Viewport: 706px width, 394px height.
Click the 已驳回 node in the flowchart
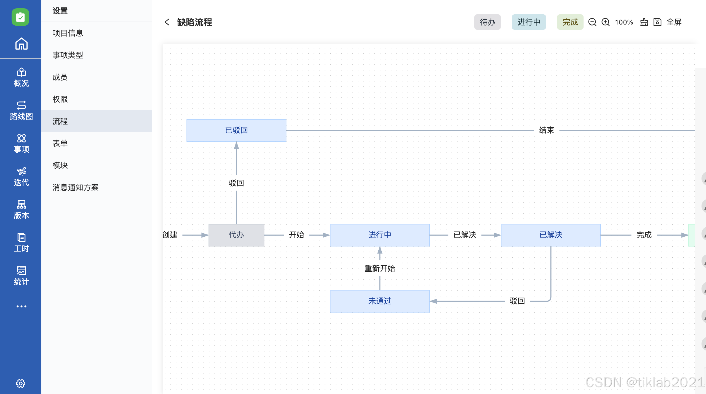pos(236,130)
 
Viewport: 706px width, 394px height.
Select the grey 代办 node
pos(236,235)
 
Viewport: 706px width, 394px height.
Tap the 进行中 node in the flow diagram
pos(380,235)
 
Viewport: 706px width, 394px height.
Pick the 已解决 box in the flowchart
pos(551,235)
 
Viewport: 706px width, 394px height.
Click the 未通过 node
pos(380,301)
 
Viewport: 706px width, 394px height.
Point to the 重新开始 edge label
pos(380,268)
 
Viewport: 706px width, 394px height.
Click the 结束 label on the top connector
pos(547,130)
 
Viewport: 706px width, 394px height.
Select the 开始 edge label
pos(296,235)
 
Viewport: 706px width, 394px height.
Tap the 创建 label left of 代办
pos(170,235)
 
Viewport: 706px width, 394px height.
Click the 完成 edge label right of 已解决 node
pos(644,235)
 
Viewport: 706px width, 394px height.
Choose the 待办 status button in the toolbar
pos(487,22)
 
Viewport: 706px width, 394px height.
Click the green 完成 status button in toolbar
pos(570,22)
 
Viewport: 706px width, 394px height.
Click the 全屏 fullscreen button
pos(674,22)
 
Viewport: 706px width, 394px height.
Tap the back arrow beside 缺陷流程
pos(167,22)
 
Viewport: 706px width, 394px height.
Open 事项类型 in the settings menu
pos(68,55)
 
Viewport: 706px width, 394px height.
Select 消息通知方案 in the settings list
pos(76,187)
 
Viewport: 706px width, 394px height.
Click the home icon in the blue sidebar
pos(21,44)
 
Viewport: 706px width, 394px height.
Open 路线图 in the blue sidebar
pos(21,110)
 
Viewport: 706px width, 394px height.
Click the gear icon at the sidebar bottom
pos(21,383)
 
